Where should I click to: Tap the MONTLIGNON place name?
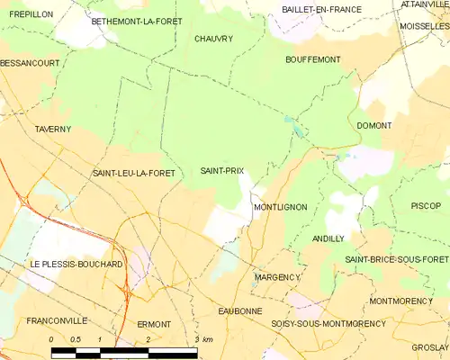pyautogui.click(x=280, y=207)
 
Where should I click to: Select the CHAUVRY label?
pyautogui.click(x=213, y=39)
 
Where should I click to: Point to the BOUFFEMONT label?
pyautogui.click(x=312, y=59)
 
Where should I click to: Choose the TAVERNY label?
pyautogui.click(x=53, y=130)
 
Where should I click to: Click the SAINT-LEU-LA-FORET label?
pyautogui.click(x=132, y=172)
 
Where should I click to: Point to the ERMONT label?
pyautogui.click(x=154, y=324)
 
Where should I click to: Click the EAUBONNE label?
pyautogui.click(x=240, y=310)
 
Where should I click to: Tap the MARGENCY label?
pyautogui.click(x=276, y=277)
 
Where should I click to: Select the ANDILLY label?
pyautogui.click(x=328, y=238)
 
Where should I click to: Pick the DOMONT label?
pyautogui.click(x=373, y=125)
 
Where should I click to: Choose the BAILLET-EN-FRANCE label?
pyautogui.click(x=321, y=9)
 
